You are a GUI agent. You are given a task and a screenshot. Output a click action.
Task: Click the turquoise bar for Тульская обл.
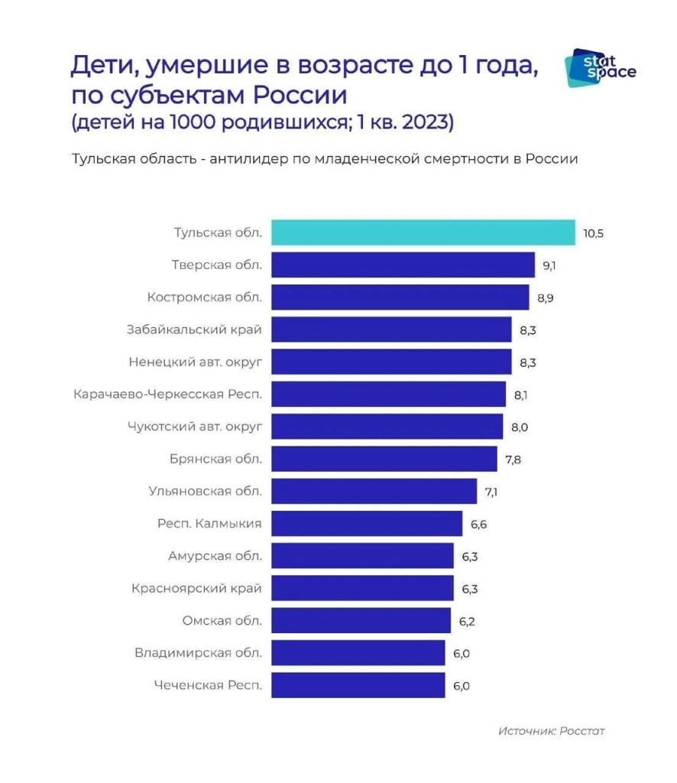pyautogui.click(x=423, y=232)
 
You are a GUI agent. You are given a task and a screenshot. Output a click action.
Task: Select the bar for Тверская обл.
pyautogui.click(x=403, y=265)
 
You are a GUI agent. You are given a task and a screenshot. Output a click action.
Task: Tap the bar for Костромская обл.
pyautogui.click(x=400, y=297)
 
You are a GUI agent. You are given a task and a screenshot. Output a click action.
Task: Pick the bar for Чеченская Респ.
pyautogui.click(x=358, y=685)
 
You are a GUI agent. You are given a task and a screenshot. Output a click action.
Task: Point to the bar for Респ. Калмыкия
pyautogui.click(x=367, y=524)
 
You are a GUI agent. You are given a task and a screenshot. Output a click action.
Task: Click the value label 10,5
pyautogui.click(x=593, y=233)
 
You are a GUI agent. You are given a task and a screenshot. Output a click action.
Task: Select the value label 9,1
pyautogui.click(x=549, y=266)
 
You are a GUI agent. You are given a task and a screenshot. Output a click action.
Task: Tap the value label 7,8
pyautogui.click(x=512, y=460)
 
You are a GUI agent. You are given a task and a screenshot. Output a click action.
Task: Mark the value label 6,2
pyautogui.click(x=466, y=621)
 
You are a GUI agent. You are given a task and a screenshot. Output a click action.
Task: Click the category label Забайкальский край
pyautogui.click(x=194, y=330)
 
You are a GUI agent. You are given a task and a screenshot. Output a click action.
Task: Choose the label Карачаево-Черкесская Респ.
pyautogui.click(x=168, y=395)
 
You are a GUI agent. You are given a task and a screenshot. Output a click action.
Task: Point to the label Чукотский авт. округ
pyautogui.click(x=194, y=427)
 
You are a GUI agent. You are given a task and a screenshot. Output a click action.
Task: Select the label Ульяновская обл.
pyautogui.click(x=206, y=491)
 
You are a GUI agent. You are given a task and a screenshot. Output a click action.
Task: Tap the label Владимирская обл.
pyautogui.click(x=198, y=653)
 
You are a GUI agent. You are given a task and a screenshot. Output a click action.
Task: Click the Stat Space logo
pyautogui.click(x=599, y=67)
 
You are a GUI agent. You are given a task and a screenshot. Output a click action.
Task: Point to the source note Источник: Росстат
pyautogui.click(x=551, y=731)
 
